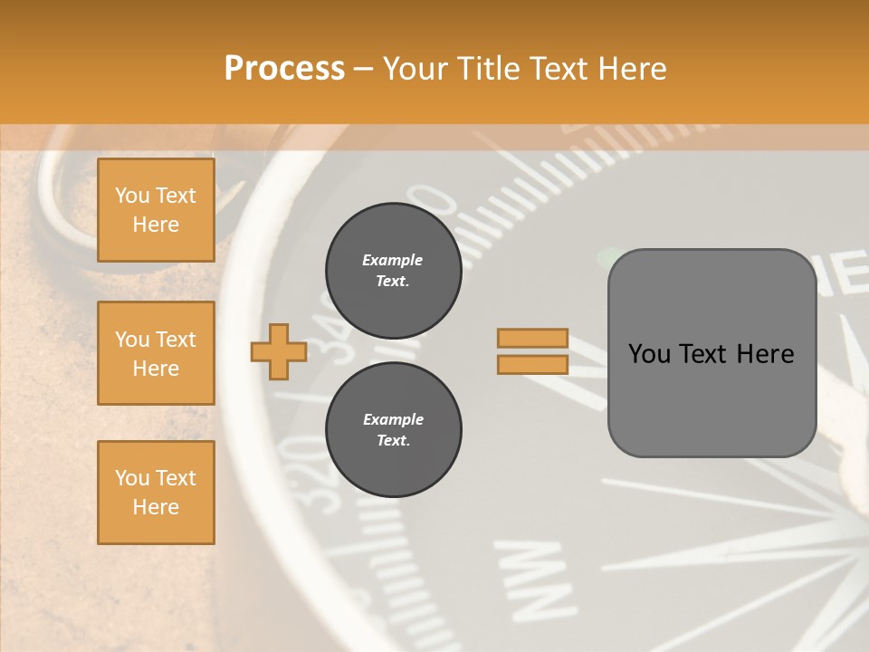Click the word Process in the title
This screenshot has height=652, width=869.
click(x=284, y=69)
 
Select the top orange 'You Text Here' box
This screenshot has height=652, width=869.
click(x=156, y=210)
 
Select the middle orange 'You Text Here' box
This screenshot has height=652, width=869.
click(x=156, y=353)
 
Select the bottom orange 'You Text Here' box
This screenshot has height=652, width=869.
click(x=156, y=493)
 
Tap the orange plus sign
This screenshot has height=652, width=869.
click(x=279, y=351)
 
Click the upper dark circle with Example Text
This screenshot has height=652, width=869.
click(x=393, y=271)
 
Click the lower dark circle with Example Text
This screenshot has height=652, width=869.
click(x=393, y=430)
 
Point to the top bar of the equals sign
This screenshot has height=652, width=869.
click(x=533, y=338)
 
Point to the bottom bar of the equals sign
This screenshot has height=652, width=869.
click(x=533, y=364)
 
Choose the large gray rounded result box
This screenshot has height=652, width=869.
click(x=711, y=352)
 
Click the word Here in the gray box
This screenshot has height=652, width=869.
click(x=766, y=354)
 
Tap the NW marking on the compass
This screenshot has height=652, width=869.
click(x=536, y=575)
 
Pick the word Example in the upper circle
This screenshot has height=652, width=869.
click(x=392, y=260)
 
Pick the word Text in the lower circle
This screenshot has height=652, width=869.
click(x=392, y=441)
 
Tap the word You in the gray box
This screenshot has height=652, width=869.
click(x=650, y=354)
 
